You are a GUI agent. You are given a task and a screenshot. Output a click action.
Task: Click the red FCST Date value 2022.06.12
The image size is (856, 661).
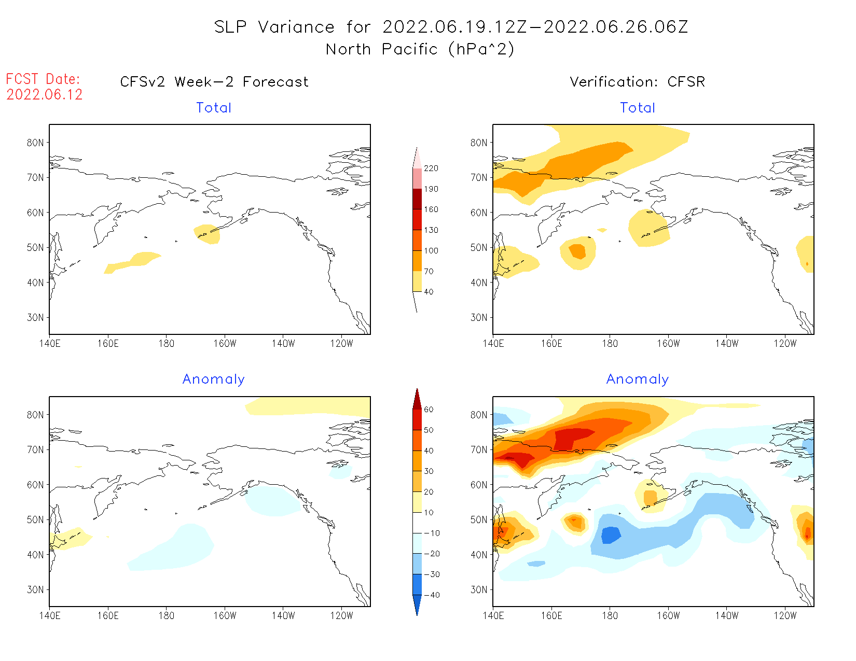coord(45,95)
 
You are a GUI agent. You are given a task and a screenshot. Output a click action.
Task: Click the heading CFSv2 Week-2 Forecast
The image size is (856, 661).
coord(214,82)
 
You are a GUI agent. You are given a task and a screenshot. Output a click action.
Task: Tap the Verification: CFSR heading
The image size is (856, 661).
coord(637,82)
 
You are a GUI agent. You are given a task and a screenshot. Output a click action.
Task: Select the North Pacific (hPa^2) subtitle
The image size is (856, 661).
coord(420,49)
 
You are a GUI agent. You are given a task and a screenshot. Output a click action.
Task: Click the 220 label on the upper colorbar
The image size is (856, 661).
coord(431,168)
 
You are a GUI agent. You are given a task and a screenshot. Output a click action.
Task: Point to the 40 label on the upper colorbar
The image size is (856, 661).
coord(429,292)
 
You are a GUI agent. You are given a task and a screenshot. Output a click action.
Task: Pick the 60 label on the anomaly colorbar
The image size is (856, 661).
coord(429,410)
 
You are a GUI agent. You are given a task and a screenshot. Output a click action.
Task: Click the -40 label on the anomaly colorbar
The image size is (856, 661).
coord(431,595)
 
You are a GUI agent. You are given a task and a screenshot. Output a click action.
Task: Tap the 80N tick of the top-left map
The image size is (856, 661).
coord(35,143)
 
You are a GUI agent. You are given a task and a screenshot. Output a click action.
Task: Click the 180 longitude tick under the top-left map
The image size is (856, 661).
coord(167,344)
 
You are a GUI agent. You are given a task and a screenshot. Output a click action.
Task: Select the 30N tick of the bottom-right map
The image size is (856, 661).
coord(479,589)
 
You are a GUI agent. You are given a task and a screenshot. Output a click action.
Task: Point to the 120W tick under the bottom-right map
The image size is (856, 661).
coord(785,616)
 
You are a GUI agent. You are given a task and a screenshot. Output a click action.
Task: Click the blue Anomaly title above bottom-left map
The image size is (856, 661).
coord(214,379)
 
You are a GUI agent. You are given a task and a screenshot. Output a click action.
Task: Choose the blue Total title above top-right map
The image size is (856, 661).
coord(638,108)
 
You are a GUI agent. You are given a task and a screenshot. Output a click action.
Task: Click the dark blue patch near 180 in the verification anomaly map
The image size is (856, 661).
coord(611,535)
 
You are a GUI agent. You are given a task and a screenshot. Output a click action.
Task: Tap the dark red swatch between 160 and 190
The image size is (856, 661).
coord(417,199)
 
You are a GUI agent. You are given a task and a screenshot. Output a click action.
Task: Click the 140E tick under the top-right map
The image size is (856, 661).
coord(493,344)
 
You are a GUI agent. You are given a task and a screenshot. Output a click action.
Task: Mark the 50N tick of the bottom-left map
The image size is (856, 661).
coord(35,519)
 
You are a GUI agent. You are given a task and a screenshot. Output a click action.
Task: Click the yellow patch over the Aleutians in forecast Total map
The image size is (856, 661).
coord(208,233)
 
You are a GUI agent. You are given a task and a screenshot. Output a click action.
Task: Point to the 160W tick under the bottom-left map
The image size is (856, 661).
coord(225,616)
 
